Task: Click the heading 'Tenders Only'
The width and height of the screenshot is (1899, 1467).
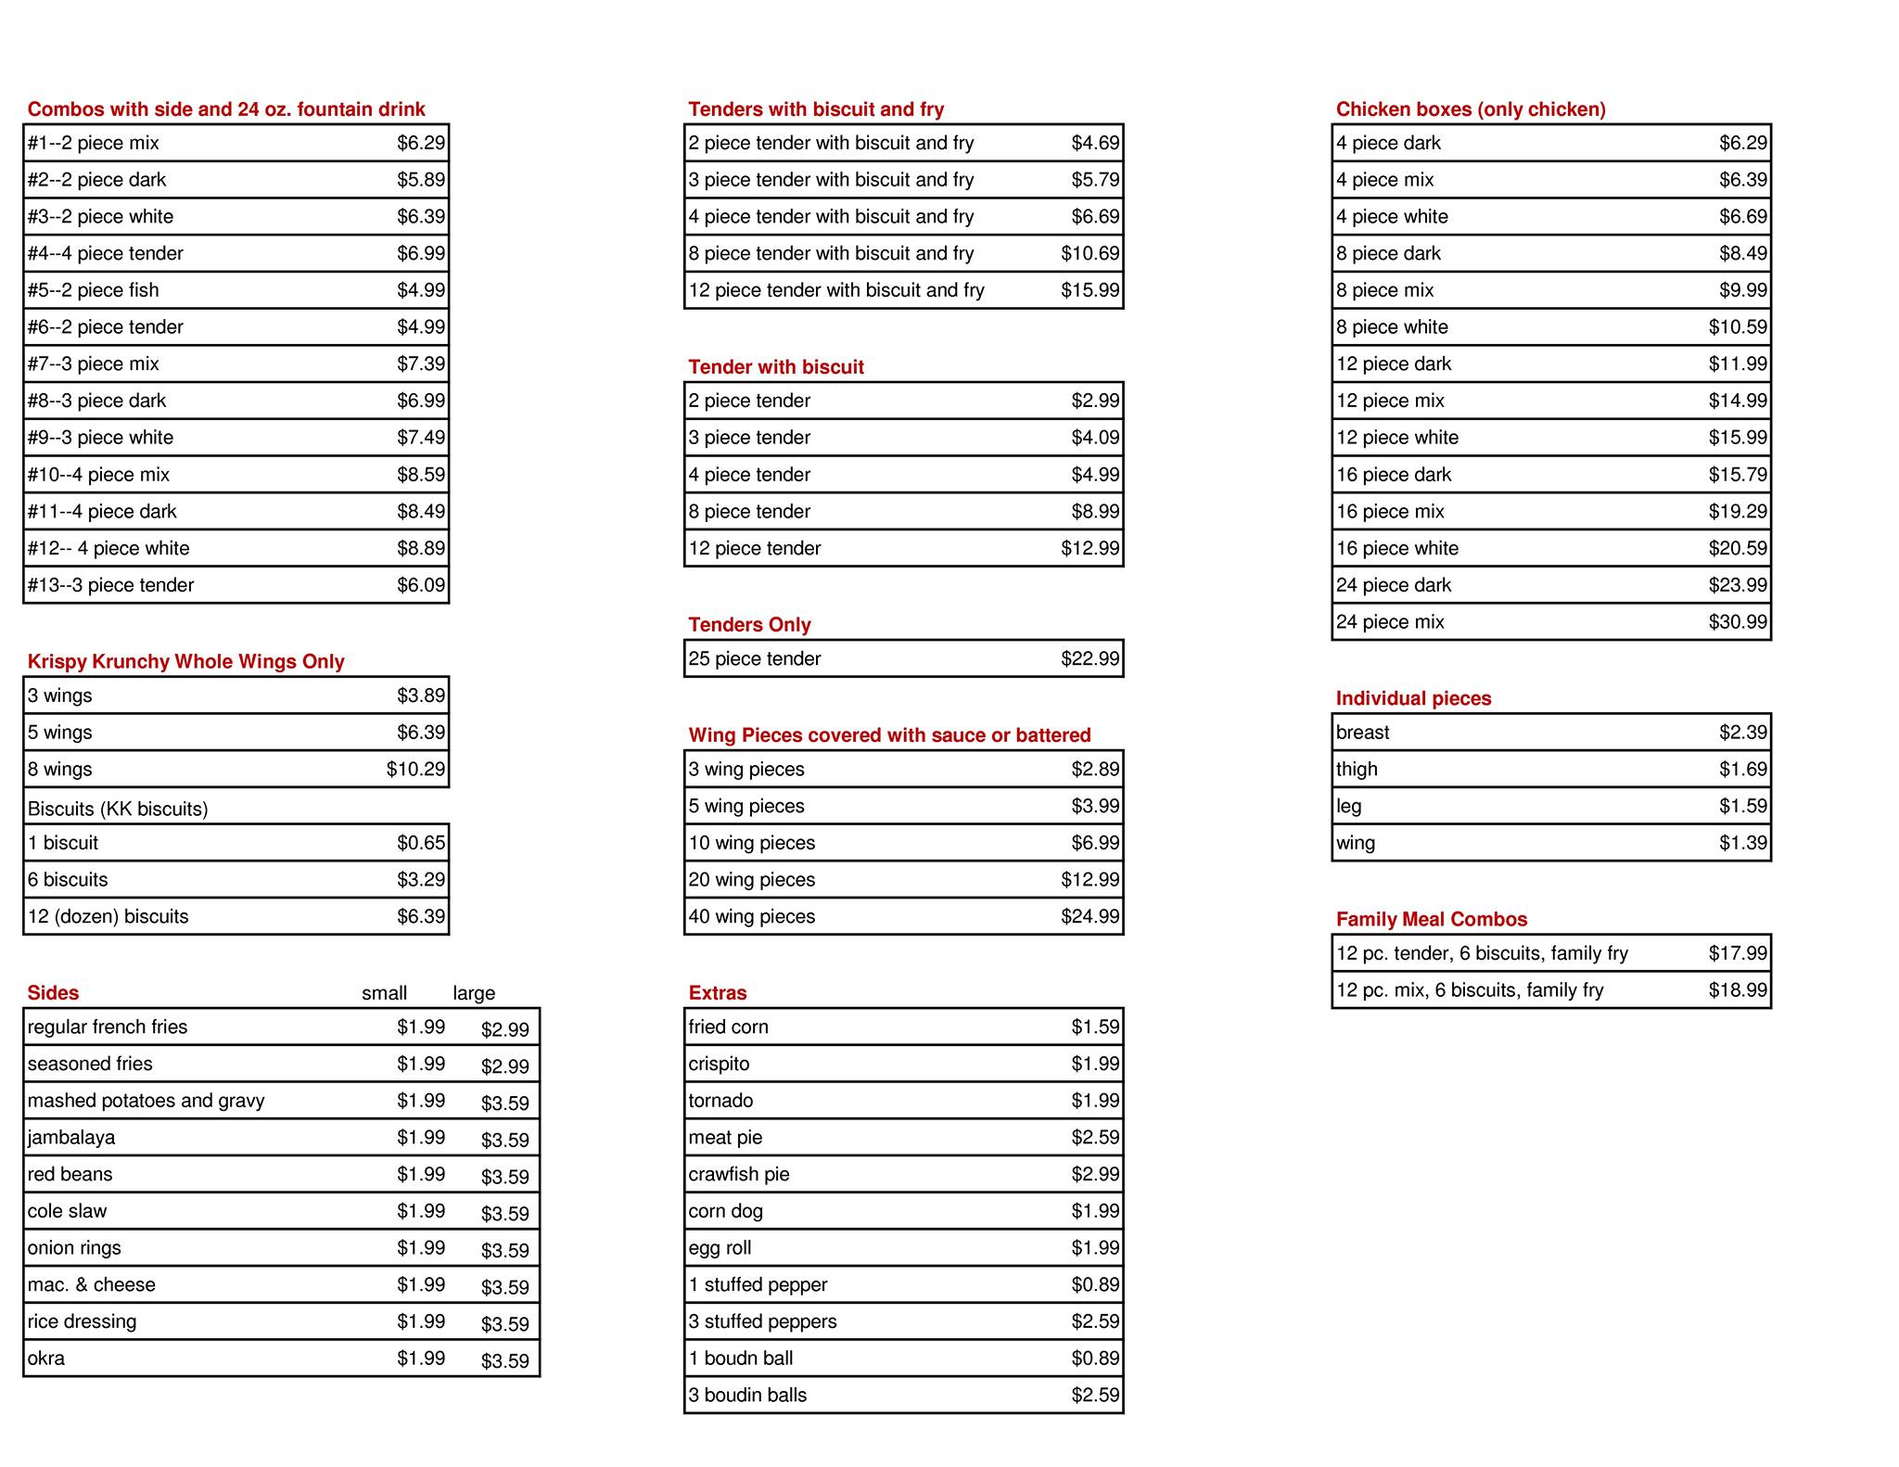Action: (749, 625)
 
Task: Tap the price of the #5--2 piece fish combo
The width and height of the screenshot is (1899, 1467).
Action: (421, 290)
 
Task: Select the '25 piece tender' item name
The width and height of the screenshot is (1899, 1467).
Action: (754, 659)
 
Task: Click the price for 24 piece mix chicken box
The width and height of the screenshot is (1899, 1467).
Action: (1738, 622)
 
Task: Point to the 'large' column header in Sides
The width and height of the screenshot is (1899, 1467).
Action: (474, 993)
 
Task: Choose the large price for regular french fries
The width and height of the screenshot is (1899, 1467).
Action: (504, 1029)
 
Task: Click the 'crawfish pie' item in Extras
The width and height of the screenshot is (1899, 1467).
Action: (738, 1175)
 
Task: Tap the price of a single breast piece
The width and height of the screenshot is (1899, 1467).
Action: (1742, 733)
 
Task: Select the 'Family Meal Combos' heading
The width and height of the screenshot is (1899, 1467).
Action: (1431, 920)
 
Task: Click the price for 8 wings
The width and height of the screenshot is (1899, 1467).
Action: (415, 770)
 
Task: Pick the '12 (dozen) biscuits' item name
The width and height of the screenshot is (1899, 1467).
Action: (108, 917)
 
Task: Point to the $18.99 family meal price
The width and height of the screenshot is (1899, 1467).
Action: (1738, 990)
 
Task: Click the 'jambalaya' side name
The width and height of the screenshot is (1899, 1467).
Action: (71, 1138)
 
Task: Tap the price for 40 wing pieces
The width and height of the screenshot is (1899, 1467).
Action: (1090, 917)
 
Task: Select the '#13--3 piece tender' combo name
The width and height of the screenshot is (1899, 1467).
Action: (110, 585)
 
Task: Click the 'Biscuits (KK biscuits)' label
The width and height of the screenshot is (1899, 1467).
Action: (118, 809)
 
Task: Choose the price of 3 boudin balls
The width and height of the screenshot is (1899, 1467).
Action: (1095, 1396)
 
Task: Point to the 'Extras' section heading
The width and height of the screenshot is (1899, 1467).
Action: (717, 993)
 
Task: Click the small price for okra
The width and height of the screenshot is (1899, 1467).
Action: (421, 1359)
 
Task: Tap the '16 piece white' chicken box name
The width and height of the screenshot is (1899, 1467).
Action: (1396, 549)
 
